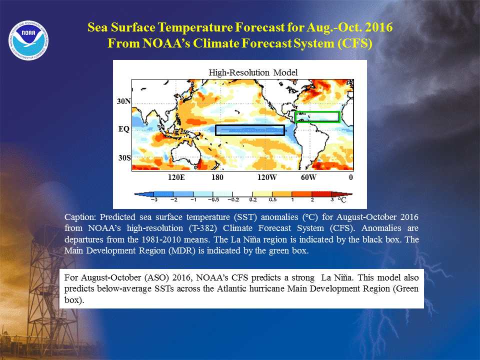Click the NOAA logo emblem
28,40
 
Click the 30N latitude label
123,101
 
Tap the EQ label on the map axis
124,129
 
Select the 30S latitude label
124,157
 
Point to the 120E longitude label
176,177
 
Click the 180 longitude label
217,177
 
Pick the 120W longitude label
267,177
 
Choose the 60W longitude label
308,177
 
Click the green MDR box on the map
317,112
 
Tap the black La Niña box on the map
250,125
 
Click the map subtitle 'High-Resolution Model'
253,72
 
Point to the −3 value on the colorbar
154,200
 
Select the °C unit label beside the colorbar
342,200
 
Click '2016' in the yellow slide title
378,27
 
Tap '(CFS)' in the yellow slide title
355,43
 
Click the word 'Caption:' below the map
80,217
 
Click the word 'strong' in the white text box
303,277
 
